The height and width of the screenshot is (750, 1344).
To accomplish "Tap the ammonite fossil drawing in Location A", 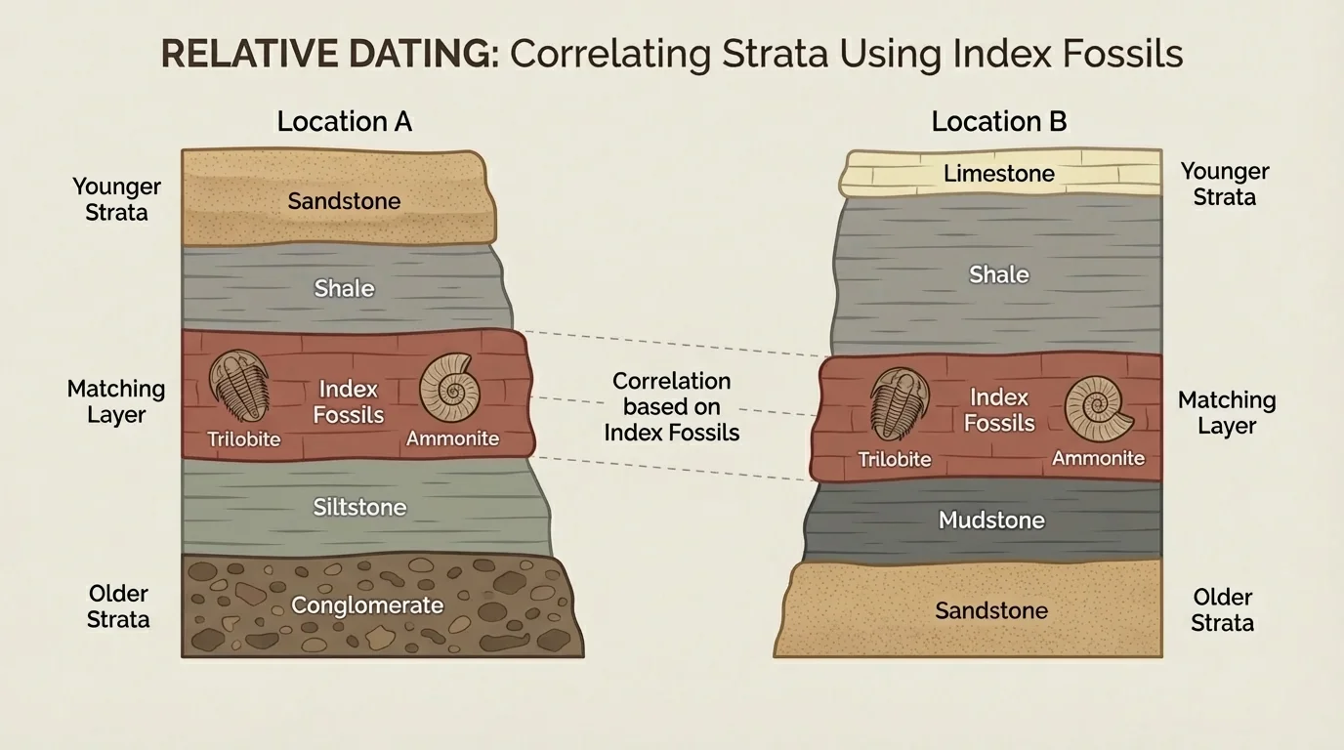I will pyautogui.click(x=449, y=389).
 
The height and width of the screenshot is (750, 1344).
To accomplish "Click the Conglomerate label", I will pyautogui.click(x=367, y=605).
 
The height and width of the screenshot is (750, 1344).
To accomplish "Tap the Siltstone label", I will pyautogui.click(x=359, y=507).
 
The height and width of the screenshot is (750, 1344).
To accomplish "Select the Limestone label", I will pyautogui.click(x=998, y=174).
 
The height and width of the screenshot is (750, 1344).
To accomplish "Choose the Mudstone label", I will pyautogui.click(x=991, y=521).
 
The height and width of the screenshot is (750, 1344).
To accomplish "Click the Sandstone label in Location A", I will pyautogui.click(x=344, y=201).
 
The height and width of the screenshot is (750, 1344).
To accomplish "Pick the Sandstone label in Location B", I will pyautogui.click(x=990, y=610).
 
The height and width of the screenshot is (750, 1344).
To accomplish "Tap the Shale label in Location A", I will pyautogui.click(x=344, y=288).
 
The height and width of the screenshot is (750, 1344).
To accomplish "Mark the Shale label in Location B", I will pyautogui.click(x=998, y=274).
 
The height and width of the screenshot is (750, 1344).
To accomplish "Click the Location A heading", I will pyautogui.click(x=344, y=121).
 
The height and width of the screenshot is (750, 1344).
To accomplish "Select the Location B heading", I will pyautogui.click(x=998, y=121).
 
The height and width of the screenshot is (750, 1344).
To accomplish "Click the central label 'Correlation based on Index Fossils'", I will pyautogui.click(x=671, y=406).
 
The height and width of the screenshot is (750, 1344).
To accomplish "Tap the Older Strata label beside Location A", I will pyautogui.click(x=118, y=606).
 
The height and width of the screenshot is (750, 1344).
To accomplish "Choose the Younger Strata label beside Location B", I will pyautogui.click(x=1224, y=184).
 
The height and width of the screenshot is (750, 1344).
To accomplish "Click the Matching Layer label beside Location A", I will pyautogui.click(x=116, y=401).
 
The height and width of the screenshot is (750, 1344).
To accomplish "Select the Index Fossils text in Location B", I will pyautogui.click(x=999, y=410).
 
